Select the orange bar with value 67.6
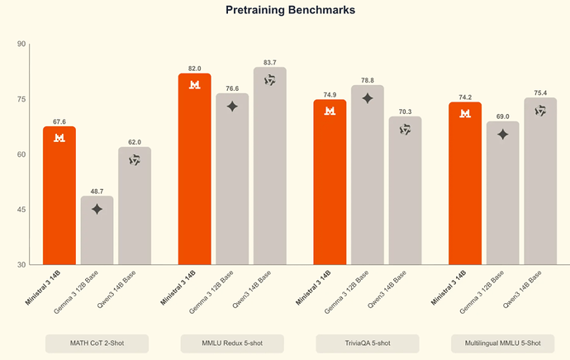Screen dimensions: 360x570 click(x=59, y=198)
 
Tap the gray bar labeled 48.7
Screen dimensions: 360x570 click(x=97, y=231)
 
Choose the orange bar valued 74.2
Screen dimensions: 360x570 click(x=465, y=186)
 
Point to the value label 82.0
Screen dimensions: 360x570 click(x=195, y=69)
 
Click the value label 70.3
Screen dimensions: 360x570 click(x=405, y=111)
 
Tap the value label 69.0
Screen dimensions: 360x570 click(x=502, y=116)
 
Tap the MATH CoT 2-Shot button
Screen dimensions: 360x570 click(x=97, y=343)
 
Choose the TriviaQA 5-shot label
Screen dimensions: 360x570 click(x=368, y=343)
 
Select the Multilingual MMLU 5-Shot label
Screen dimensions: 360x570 click(x=502, y=343)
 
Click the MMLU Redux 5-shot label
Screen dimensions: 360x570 click(x=232, y=343)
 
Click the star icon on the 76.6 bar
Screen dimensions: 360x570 click(x=232, y=107)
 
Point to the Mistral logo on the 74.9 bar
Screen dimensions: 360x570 click(x=330, y=111)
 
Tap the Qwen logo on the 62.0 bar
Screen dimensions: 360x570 click(x=134, y=160)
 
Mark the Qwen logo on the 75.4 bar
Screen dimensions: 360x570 click(x=540, y=111)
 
